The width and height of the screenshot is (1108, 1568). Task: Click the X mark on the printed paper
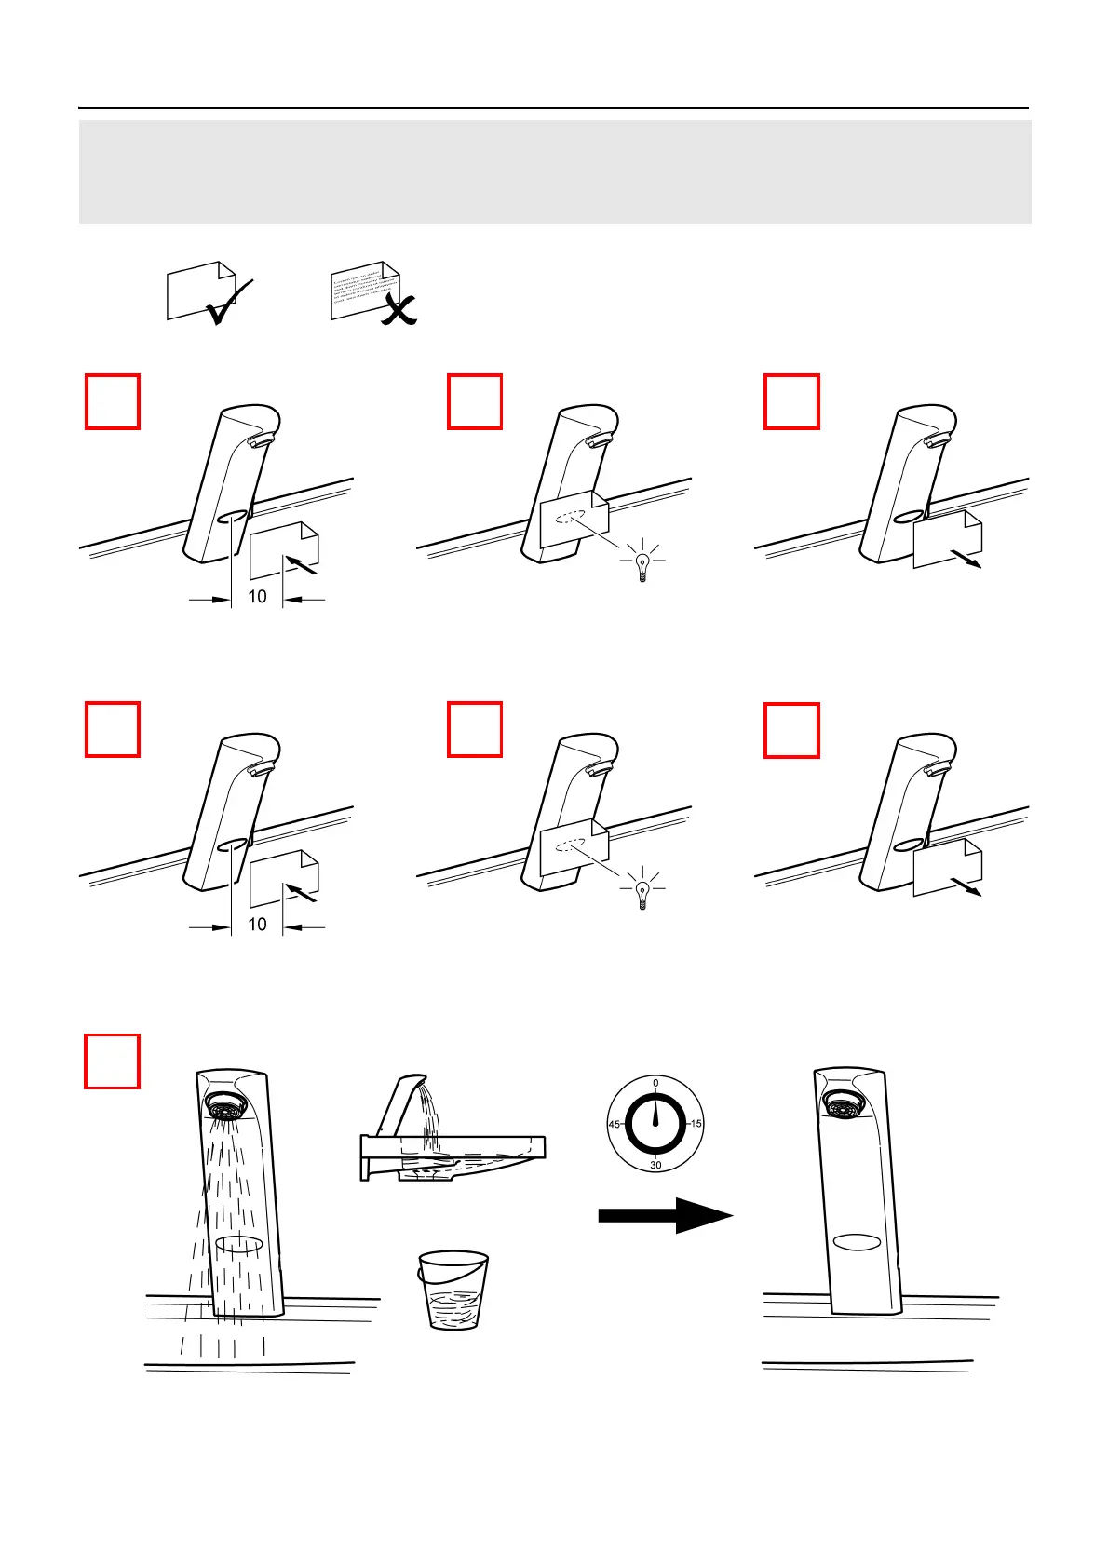pyautogui.click(x=399, y=307)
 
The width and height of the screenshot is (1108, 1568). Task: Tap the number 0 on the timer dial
pyautogui.click(x=655, y=1083)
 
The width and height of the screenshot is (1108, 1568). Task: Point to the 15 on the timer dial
pyautogui.click(x=696, y=1124)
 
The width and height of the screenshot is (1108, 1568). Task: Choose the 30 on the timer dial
pyautogui.click(x=655, y=1165)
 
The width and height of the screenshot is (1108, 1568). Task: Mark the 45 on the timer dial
pyautogui.click(x=615, y=1124)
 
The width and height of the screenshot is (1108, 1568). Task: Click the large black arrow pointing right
pyautogui.click(x=665, y=1215)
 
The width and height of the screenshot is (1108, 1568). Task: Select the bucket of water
pyautogui.click(x=453, y=1290)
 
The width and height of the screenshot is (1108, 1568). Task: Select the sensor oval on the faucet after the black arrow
pyautogui.click(x=858, y=1241)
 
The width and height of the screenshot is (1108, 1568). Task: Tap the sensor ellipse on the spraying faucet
pyautogui.click(x=239, y=1245)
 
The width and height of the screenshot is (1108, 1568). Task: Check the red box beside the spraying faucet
pyautogui.click(x=113, y=1061)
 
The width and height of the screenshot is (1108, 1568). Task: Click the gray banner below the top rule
pyautogui.click(x=555, y=172)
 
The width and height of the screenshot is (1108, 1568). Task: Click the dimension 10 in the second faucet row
pyautogui.click(x=258, y=925)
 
